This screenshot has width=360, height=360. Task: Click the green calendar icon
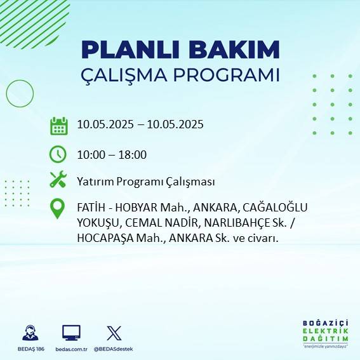(x=58, y=126)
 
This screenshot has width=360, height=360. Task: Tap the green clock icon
(x=58, y=154)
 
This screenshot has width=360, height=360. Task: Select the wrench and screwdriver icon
(x=58, y=180)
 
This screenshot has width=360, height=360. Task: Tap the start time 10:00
(x=90, y=154)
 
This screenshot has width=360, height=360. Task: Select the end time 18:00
(x=133, y=154)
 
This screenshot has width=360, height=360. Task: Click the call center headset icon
(x=29, y=333)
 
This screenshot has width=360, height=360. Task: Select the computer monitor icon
(x=71, y=333)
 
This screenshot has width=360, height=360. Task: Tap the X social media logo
(x=114, y=333)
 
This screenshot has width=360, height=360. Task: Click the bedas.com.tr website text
(x=71, y=349)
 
